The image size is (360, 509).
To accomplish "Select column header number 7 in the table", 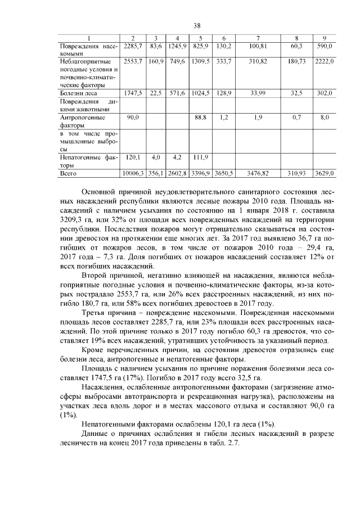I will coord(258,38).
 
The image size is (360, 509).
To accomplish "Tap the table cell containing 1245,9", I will coord(178,44).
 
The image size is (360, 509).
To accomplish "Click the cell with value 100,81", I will coord(258,44).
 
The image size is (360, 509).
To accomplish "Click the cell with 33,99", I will coord(258,92).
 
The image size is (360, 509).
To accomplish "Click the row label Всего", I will coord(69,174).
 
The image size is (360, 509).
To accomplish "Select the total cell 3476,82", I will coord(258,174).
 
